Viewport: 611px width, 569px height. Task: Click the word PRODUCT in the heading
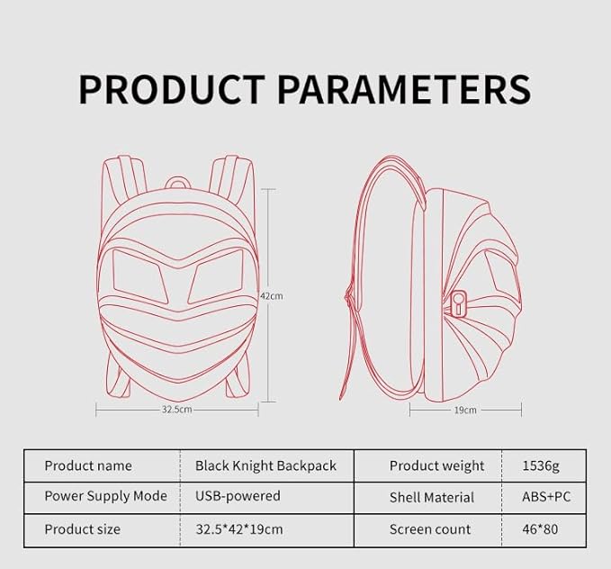point(172,89)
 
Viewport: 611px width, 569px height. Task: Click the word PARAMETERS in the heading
point(403,89)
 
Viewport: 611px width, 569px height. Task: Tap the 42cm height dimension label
point(271,295)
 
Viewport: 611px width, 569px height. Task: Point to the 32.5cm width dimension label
point(176,409)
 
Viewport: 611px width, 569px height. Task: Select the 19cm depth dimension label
point(464,410)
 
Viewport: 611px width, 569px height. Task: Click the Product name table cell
point(88,465)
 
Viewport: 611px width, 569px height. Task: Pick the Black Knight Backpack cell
point(265,465)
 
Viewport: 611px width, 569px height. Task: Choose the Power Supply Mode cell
point(106,496)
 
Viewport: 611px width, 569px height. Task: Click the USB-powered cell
point(238,496)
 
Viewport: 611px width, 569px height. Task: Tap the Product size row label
point(82,528)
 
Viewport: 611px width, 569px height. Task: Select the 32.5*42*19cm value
point(238,528)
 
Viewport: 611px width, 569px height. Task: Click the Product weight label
point(436,465)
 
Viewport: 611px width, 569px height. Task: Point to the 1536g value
point(540,465)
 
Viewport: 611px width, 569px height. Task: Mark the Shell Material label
point(431,497)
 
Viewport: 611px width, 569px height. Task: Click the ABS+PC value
point(546,496)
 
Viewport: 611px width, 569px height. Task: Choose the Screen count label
point(429,528)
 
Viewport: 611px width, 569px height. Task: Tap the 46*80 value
point(540,528)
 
